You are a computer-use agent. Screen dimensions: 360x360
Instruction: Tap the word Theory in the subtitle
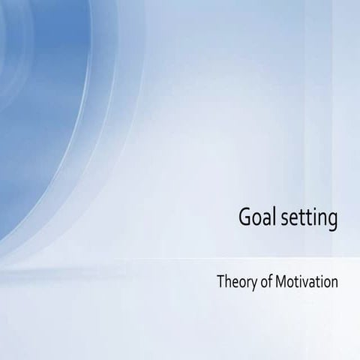tap(233, 283)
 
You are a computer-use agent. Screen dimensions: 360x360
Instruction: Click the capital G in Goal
tap(244, 216)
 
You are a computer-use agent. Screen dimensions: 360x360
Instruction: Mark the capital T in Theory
tap(220, 283)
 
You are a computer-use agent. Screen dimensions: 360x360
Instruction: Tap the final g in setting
tap(332, 220)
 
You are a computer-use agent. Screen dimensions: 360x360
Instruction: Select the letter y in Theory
tap(248, 286)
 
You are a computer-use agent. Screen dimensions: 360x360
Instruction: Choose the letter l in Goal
tap(271, 215)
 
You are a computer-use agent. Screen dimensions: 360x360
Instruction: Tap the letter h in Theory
tap(226, 283)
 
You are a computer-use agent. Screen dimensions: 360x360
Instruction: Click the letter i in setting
tap(315, 216)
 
